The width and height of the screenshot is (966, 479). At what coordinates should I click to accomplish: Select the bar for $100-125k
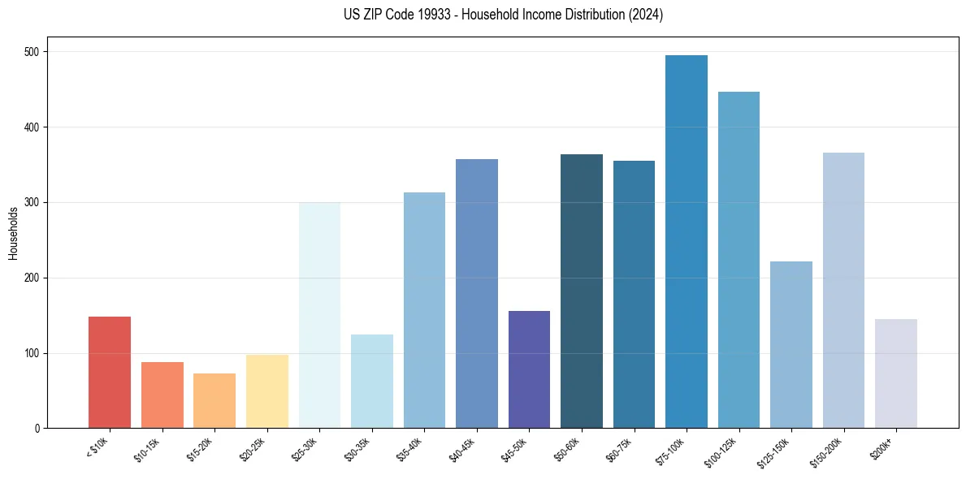click(x=739, y=260)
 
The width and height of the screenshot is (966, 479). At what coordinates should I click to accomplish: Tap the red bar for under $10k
click(x=110, y=373)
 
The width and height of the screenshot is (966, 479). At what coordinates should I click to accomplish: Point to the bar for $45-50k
click(x=529, y=369)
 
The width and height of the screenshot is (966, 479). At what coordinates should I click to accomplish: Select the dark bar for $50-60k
click(x=582, y=291)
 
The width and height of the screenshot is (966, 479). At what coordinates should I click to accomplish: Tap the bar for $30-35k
click(x=372, y=382)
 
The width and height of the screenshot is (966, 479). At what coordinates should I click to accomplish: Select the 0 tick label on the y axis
click(x=38, y=429)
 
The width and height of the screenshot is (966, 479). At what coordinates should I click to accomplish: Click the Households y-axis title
click(x=14, y=233)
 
